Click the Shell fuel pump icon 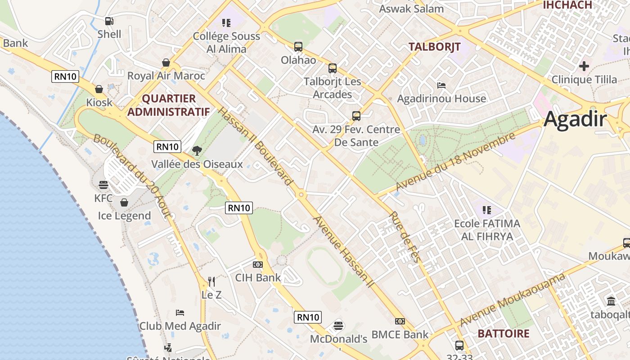pyautogui.click(x=109, y=21)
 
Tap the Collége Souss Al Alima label pyautogui.click(x=226, y=42)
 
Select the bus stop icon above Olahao pyautogui.click(x=298, y=46)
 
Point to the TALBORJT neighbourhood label pyautogui.click(x=434, y=47)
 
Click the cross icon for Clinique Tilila pyautogui.click(x=584, y=66)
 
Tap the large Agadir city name pyautogui.click(x=575, y=120)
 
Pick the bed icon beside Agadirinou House pyautogui.click(x=441, y=85)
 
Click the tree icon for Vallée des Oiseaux pyautogui.click(x=197, y=151)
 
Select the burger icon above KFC pyautogui.click(x=103, y=184)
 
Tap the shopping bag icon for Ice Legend pyautogui.click(x=124, y=202)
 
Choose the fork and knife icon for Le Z pyautogui.click(x=211, y=282)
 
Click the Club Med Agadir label pyautogui.click(x=180, y=326)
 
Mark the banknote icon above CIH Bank pyautogui.click(x=257, y=264)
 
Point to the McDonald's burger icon pyautogui.click(x=338, y=325)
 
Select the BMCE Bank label pyautogui.click(x=400, y=334)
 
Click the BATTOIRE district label pyautogui.click(x=503, y=333)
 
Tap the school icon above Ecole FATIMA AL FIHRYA pyautogui.click(x=486, y=210)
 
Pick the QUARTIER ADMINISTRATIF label pyautogui.click(x=169, y=105)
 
